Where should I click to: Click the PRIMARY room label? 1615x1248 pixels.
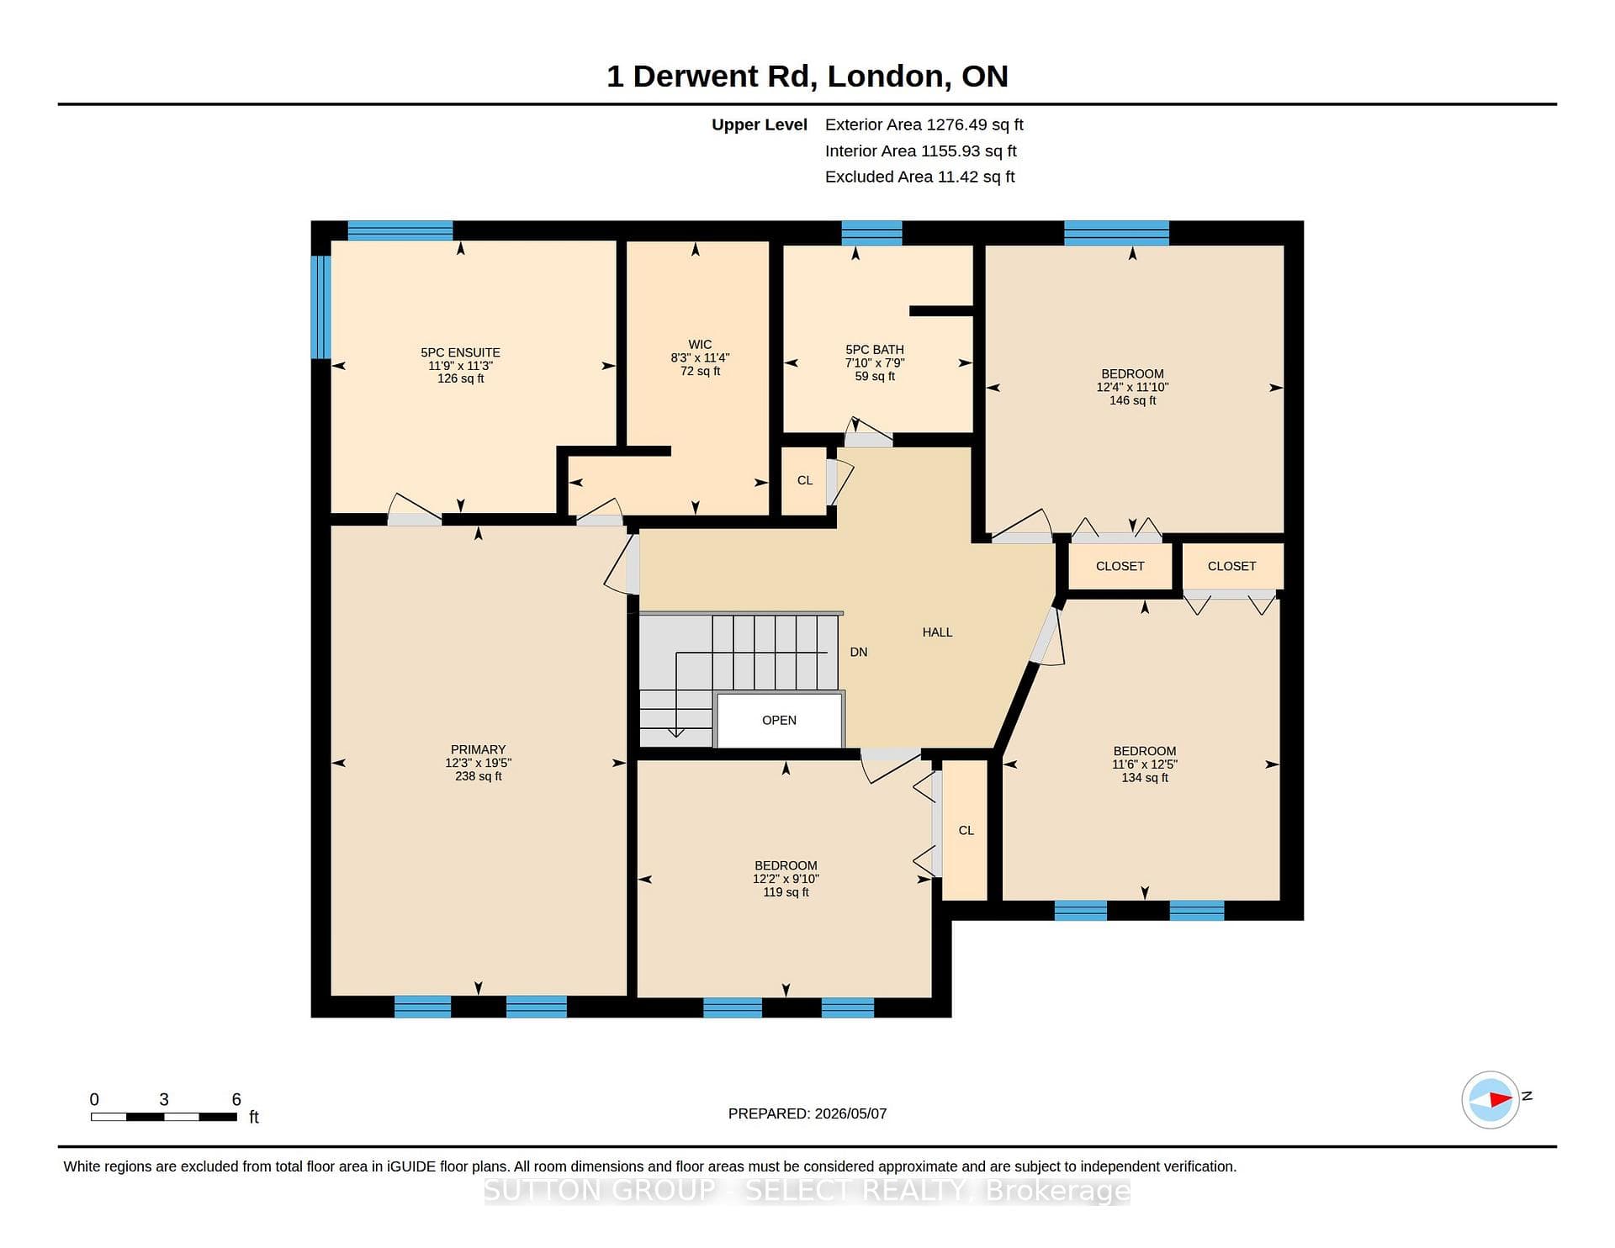coord(478,749)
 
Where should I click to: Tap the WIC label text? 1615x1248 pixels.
coord(700,344)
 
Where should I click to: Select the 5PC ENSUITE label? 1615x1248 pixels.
coord(460,352)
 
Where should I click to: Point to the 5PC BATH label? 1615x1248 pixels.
coord(875,350)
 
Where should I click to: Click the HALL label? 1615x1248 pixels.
coord(937,632)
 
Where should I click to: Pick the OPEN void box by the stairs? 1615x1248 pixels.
coord(779,720)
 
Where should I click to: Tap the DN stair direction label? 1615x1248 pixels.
coord(858,652)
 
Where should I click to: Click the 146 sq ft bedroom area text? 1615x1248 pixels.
coord(1132,400)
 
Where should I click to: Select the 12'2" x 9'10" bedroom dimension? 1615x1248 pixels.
coord(786,879)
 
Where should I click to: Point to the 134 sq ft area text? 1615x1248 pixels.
coord(1144,778)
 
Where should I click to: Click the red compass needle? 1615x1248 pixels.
coord(1501,1099)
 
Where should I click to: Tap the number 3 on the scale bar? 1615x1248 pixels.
coord(164,1099)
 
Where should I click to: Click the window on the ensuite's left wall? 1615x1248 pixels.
coord(320,307)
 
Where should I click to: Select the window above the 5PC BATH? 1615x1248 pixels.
coord(871,233)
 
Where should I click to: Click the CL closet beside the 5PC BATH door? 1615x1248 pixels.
coord(805,480)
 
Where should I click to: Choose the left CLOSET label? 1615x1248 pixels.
coord(1120,566)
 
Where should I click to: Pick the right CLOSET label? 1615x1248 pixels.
coord(1231,566)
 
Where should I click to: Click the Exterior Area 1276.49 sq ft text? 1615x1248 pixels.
coord(924,124)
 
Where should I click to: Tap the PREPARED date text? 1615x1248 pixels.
coord(807,1113)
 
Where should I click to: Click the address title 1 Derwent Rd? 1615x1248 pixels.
coord(709,77)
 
